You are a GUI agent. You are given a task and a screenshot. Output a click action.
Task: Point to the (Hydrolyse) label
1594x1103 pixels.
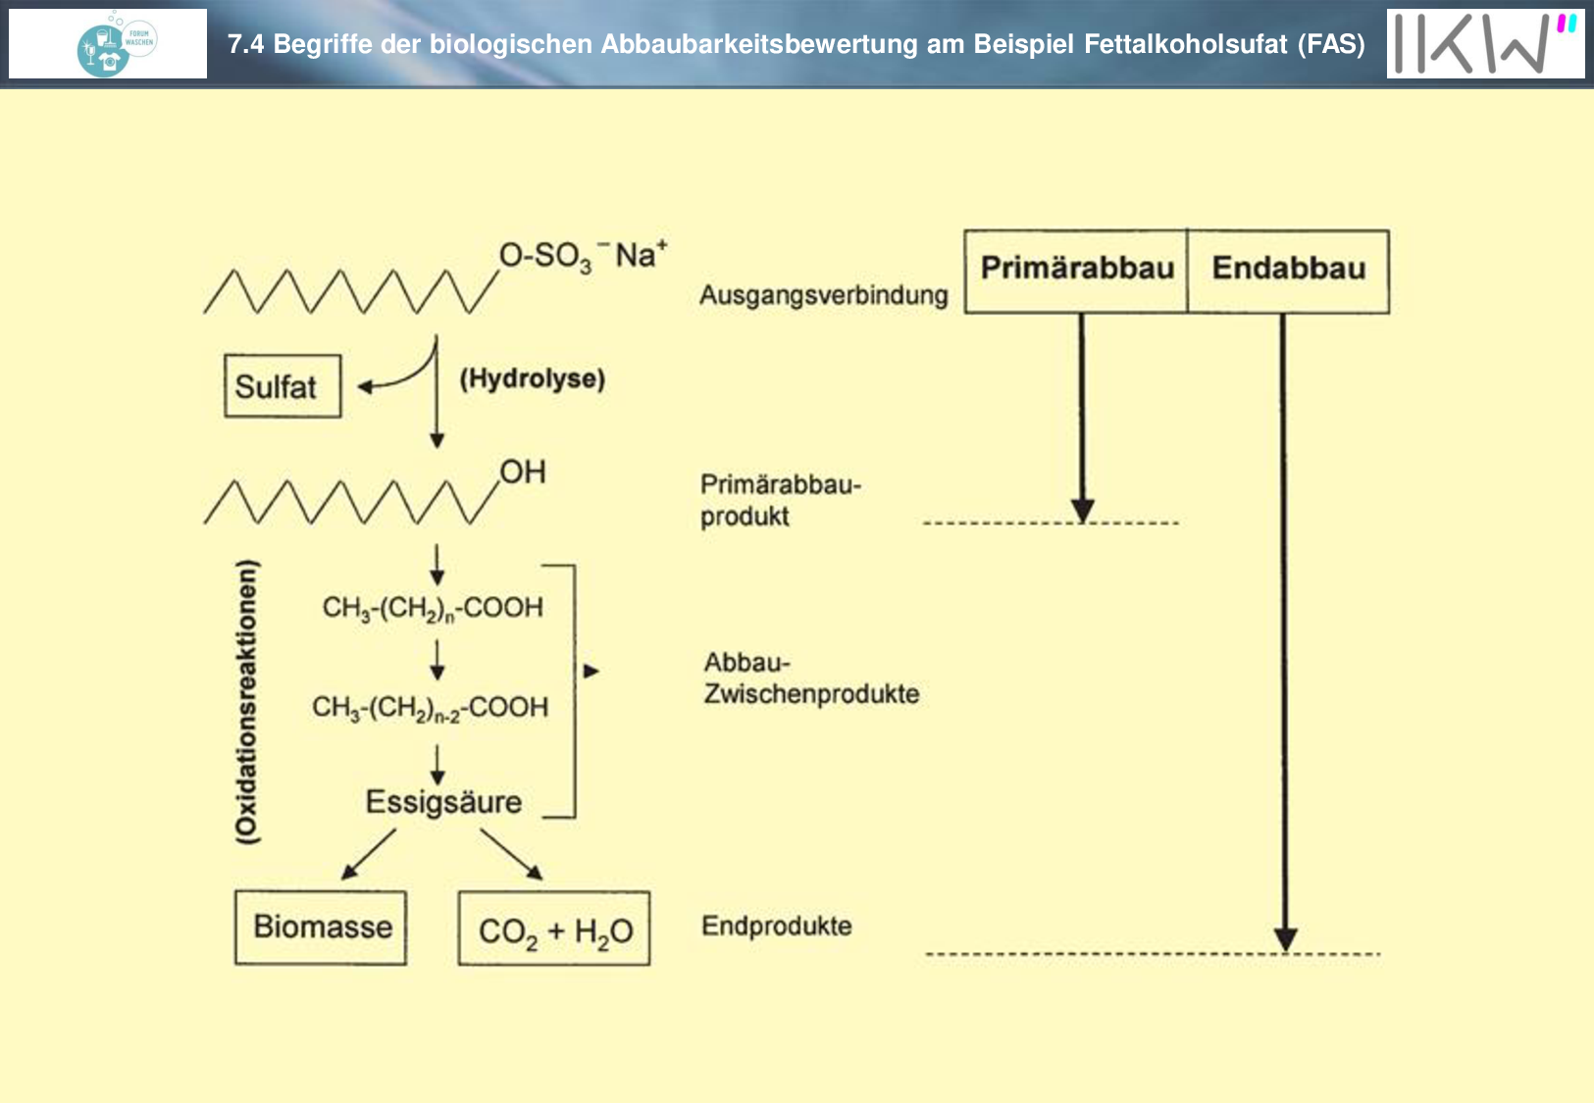point(533,378)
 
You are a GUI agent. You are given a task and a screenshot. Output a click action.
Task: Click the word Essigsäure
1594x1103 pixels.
point(444,802)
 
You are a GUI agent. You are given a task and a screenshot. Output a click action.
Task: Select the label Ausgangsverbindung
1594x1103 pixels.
point(824,295)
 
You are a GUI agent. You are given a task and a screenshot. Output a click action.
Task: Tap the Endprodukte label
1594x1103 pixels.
point(776,926)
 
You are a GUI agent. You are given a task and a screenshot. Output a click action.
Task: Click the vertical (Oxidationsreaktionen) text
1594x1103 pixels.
point(247,702)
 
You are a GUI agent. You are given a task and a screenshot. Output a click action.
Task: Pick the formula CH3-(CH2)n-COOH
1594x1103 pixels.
point(433,609)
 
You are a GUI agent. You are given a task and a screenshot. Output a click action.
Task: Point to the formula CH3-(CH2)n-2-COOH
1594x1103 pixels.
point(431,708)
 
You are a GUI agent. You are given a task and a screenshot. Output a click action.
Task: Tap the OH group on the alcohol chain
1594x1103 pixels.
point(523,472)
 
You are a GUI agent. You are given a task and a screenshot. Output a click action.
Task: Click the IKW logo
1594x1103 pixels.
point(1485,43)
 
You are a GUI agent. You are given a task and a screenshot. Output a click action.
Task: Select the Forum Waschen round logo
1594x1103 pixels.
point(117,44)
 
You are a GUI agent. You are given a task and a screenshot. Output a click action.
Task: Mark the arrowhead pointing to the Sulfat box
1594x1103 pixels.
point(365,387)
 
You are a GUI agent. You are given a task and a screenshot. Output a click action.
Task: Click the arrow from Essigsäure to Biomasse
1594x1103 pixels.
point(369,854)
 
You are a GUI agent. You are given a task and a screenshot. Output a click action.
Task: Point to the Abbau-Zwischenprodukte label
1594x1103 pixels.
point(811,677)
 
